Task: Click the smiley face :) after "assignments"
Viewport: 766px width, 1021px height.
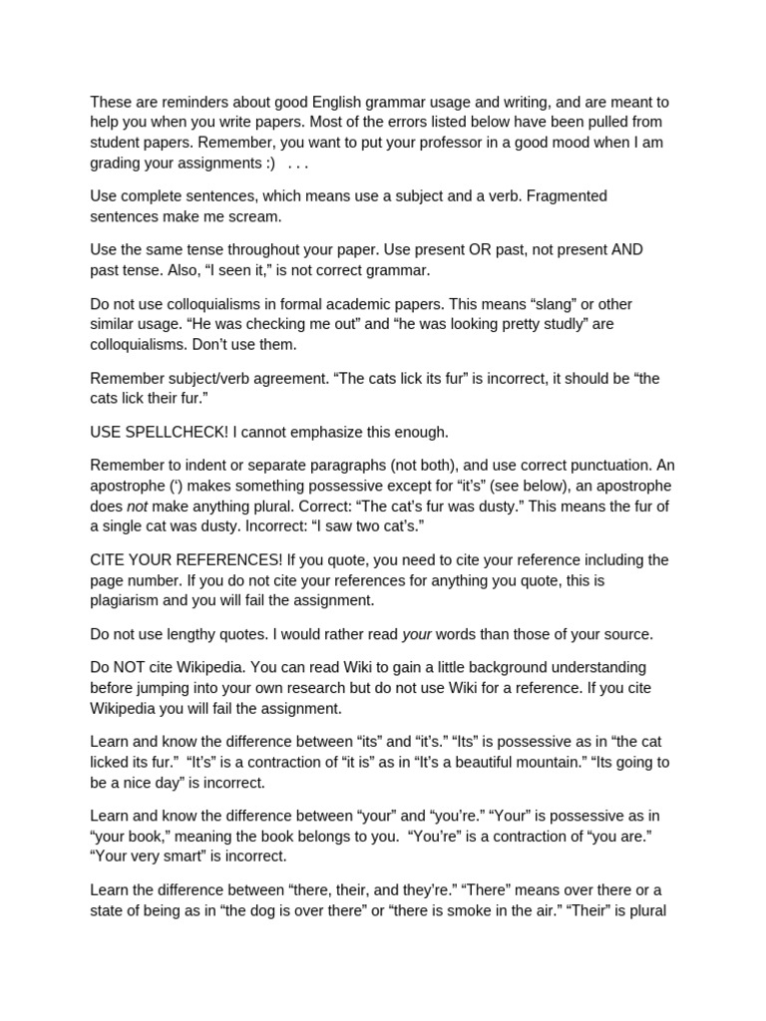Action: coord(267,163)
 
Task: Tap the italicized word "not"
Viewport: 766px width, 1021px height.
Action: coord(137,506)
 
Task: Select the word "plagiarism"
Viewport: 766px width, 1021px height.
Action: coord(129,600)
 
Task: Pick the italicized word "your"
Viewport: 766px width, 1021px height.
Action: coord(417,634)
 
